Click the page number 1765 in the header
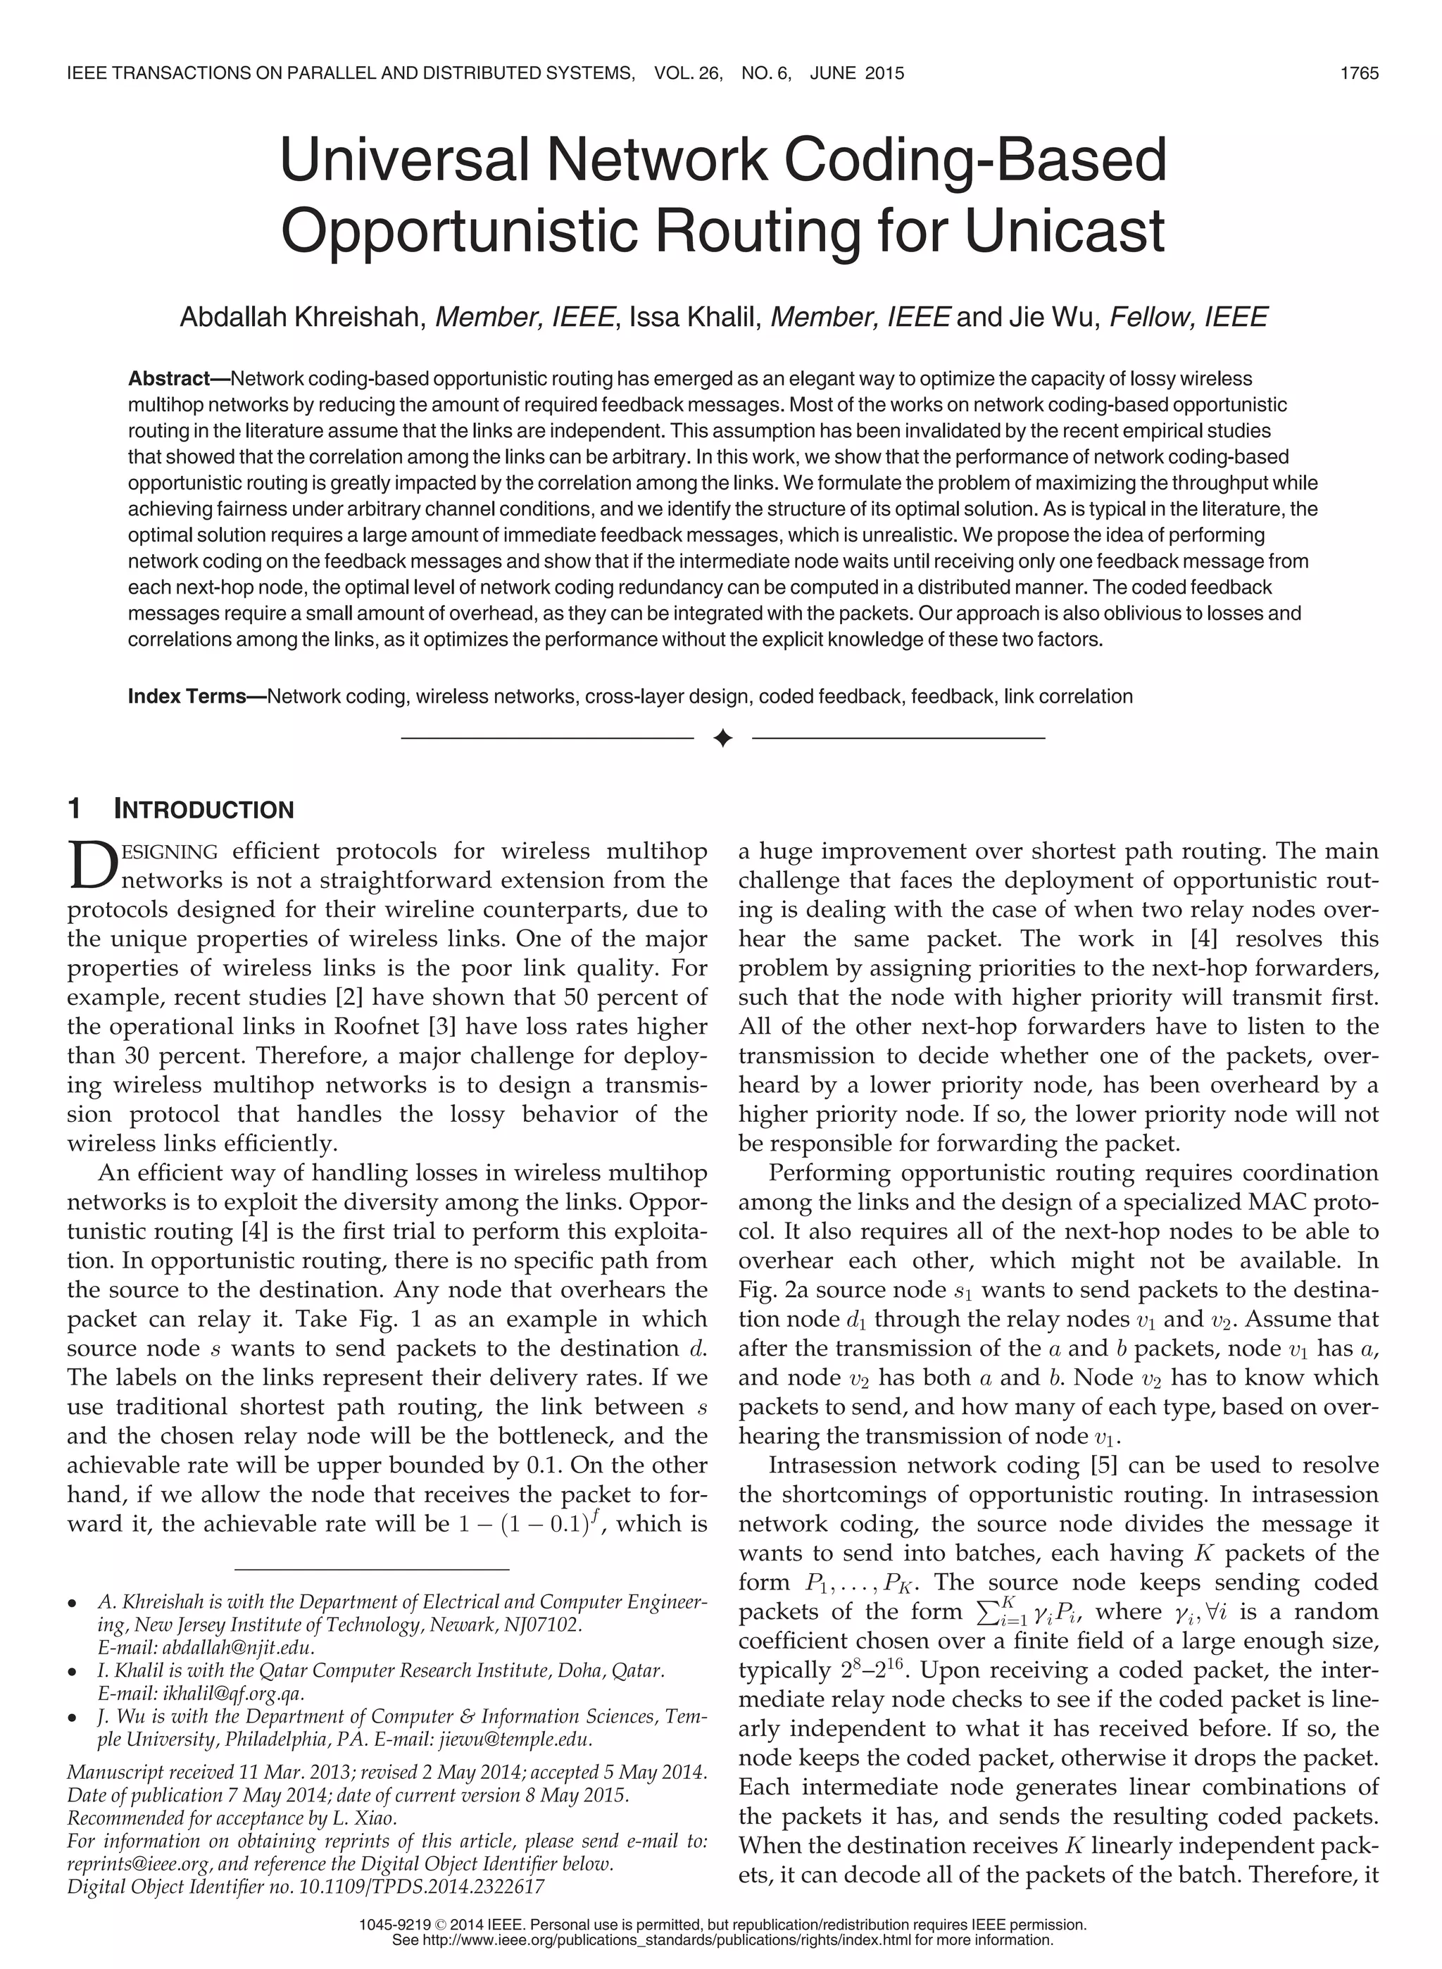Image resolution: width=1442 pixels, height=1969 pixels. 1359,73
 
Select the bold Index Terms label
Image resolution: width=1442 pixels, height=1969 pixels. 187,696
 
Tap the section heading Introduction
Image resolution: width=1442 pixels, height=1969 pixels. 204,809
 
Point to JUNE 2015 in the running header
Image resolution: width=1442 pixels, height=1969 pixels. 856,73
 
